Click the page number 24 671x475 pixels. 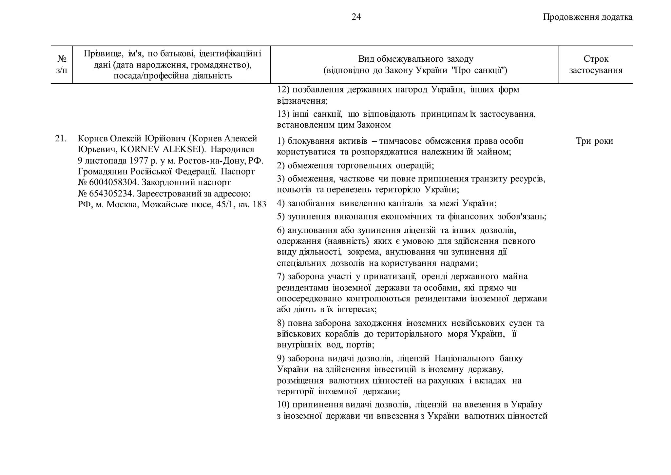(x=356, y=17)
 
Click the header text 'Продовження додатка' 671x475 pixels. (x=587, y=17)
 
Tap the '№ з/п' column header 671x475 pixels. (x=62, y=64)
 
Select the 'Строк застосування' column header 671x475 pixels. (x=596, y=65)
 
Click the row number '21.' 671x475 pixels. (x=61, y=139)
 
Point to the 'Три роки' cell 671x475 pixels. (x=594, y=141)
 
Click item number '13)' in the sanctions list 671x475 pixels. (x=283, y=114)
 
